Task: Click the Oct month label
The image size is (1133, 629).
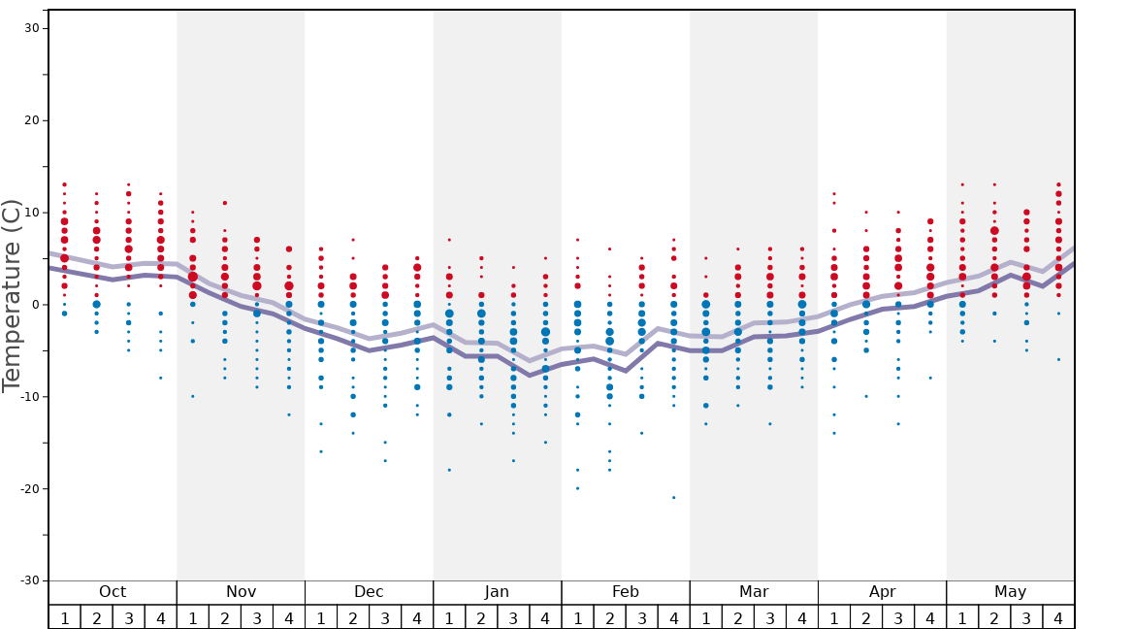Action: (113, 592)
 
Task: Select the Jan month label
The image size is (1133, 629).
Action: (497, 592)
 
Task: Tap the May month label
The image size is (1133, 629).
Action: (1010, 592)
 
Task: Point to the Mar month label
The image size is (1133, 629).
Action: (754, 592)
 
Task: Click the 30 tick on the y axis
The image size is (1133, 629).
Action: (32, 28)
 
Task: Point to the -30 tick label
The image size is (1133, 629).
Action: (28, 580)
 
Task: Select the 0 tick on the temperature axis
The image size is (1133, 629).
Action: (36, 305)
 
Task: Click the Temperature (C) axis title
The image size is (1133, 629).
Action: (12, 296)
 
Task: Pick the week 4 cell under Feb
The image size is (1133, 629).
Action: (673, 617)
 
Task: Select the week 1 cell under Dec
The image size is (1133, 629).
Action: (321, 617)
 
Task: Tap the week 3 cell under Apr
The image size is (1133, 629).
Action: (898, 617)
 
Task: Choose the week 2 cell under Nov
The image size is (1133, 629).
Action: (225, 617)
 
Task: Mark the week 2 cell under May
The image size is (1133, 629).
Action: (994, 617)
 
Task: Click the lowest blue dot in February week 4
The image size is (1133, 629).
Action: (673, 497)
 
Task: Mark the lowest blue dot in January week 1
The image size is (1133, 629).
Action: (449, 470)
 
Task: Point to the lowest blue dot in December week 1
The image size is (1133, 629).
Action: (321, 451)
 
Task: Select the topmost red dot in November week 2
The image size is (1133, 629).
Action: (225, 203)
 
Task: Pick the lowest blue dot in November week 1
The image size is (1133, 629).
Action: (193, 396)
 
